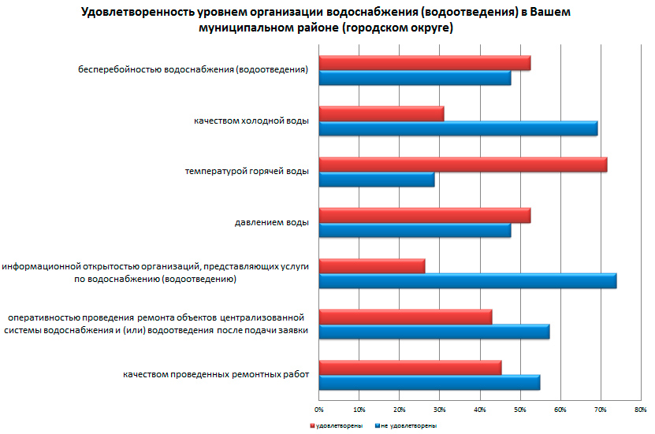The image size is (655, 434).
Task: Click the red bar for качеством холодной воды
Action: coord(381,113)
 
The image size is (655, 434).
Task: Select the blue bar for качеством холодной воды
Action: coord(458,128)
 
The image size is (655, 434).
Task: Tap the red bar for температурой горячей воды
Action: coord(463,164)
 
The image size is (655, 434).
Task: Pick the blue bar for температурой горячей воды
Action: coord(376,180)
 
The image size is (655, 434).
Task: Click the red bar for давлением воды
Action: coord(424,215)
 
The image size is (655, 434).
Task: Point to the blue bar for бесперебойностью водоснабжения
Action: coord(414,78)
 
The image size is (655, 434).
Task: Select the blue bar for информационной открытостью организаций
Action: coord(467,281)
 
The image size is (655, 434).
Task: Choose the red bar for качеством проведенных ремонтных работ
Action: coord(410,367)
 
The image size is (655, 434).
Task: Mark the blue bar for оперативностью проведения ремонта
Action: coord(434,332)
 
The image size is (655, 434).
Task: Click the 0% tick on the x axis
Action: coord(318,410)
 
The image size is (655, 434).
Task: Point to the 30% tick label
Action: coord(439,410)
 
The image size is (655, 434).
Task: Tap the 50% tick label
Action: coord(519,410)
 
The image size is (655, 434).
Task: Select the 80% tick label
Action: coord(640,410)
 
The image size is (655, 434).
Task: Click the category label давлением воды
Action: coord(271,222)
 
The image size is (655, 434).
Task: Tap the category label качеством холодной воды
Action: coord(251,121)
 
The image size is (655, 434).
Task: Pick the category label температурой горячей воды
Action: coord(247,171)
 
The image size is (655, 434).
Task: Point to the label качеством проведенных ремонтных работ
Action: coord(215,374)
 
